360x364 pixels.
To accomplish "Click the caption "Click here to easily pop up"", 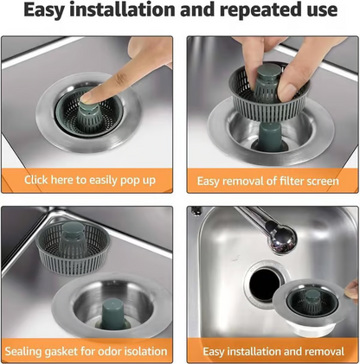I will click(91, 181).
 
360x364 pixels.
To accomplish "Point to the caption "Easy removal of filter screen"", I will click(268, 181).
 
